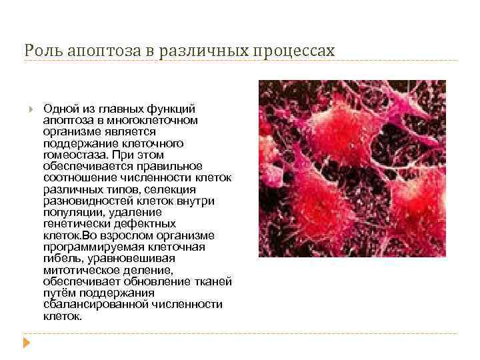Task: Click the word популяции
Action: click(71, 213)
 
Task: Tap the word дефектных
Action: click(147, 224)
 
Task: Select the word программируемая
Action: click(85, 247)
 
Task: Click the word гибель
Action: click(61, 259)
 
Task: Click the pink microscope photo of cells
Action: click(351, 169)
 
